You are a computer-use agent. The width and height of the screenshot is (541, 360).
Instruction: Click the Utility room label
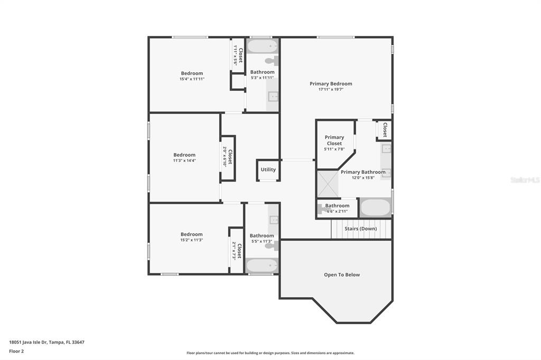pyautogui.click(x=268, y=169)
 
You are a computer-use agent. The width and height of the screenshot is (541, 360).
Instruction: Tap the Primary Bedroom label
pyautogui.click(x=331, y=84)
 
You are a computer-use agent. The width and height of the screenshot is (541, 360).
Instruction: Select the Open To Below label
pyautogui.click(x=342, y=275)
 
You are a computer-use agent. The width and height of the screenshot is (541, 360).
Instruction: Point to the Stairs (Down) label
pyautogui.click(x=360, y=229)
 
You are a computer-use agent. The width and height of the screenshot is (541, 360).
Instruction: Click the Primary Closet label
pyautogui.click(x=334, y=140)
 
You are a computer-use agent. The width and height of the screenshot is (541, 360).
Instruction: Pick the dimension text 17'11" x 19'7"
pyautogui.click(x=331, y=90)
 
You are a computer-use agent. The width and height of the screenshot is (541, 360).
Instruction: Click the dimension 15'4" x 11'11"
pyautogui.click(x=192, y=79)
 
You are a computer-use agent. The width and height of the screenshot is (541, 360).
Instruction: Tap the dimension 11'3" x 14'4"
pyautogui.click(x=184, y=160)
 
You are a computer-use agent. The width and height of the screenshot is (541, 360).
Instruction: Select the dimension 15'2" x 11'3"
pyautogui.click(x=191, y=240)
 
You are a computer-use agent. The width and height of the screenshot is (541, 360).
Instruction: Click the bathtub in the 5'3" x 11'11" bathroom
pyautogui.click(x=263, y=46)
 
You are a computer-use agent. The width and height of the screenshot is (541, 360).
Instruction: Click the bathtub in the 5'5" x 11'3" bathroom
pyautogui.click(x=262, y=266)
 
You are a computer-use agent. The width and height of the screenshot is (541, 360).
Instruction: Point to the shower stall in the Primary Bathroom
pyautogui.click(x=328, y=184)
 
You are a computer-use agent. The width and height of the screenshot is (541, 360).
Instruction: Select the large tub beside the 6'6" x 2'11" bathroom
pyautogui.click(x=375, y=207)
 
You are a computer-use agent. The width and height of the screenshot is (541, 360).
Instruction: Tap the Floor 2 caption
pyautogui.click(x=16, y=352)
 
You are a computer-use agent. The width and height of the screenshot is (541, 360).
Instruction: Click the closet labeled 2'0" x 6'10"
pyautogui.click(x=228, y=158)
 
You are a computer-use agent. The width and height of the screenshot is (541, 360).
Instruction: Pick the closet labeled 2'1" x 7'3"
pyautogui.click(x=237, y=251)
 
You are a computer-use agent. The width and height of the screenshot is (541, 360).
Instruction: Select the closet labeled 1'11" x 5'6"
pyautogui.click(x=238, y=55)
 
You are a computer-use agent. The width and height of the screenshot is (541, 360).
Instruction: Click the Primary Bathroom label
pyautogui.click(x=363, y=172)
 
